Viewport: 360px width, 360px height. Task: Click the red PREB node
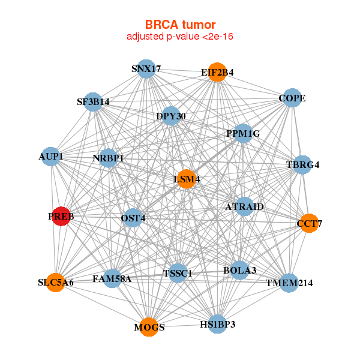61,216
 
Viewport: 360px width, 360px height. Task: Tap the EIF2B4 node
217,73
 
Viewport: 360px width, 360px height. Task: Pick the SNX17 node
146,69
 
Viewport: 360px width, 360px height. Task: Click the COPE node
292,98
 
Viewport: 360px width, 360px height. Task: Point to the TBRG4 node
302,164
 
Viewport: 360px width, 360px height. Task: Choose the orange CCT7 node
309,224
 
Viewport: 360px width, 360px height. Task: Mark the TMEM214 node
289,283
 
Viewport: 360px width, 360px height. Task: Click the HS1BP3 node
217,324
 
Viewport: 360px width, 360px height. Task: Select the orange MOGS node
149,327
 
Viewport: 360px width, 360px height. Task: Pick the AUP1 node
52,157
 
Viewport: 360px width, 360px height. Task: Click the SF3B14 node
93,101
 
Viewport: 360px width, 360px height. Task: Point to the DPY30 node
171,115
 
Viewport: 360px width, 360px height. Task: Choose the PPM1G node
243,133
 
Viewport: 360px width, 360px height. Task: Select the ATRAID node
244,207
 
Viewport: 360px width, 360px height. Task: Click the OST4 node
133,218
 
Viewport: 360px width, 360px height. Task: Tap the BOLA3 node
240,271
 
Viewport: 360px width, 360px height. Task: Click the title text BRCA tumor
179,25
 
